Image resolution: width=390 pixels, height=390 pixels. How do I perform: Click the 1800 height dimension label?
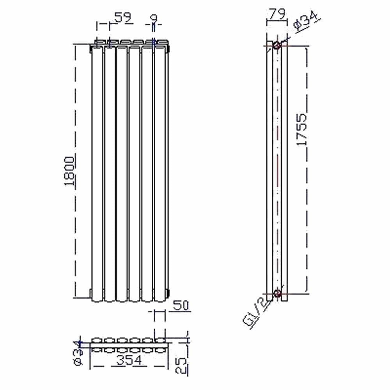tap(69, 172)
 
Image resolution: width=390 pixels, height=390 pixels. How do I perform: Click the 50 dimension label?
tap(181, 305)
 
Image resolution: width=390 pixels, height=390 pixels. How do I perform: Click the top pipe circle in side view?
tap(277, 45)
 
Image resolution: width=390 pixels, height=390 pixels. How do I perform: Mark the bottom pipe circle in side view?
tap(277, 293)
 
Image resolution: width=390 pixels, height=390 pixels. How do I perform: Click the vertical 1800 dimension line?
tap(74, 234)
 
